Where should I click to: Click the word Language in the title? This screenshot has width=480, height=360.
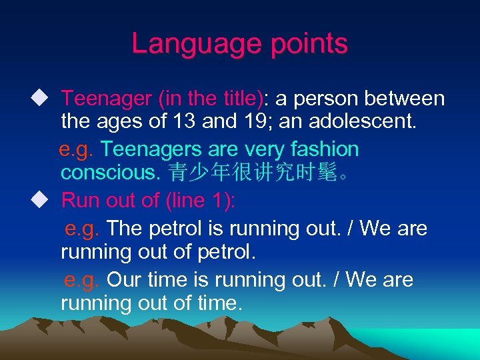[x=192, y=44]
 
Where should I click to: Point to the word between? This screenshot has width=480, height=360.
[x=404, y=99]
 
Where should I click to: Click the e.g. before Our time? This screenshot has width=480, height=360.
[x=81, y=279]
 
